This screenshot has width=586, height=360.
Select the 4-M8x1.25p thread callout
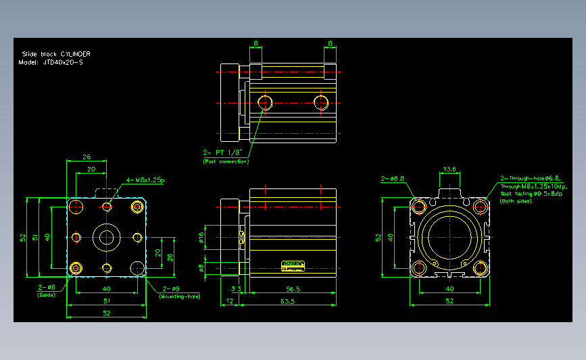[145, 180]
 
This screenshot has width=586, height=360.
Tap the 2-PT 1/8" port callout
[220, 152]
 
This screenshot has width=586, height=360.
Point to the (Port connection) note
[226, 161]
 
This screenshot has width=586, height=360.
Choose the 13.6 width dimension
[449, 169]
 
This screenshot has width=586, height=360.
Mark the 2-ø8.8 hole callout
[392, 179]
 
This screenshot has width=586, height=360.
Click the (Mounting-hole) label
[179, 297]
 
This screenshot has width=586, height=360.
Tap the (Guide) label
[46, 295]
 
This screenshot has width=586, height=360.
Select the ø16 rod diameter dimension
[201, 236]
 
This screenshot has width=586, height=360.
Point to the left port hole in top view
[264, 103]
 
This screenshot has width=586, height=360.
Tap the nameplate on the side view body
[293, 265]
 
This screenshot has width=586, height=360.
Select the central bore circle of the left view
[107, 237]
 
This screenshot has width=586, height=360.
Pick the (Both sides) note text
[516, 201]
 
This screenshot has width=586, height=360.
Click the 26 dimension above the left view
[86, 157]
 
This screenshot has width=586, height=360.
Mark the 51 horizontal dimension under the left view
[106, 301]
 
